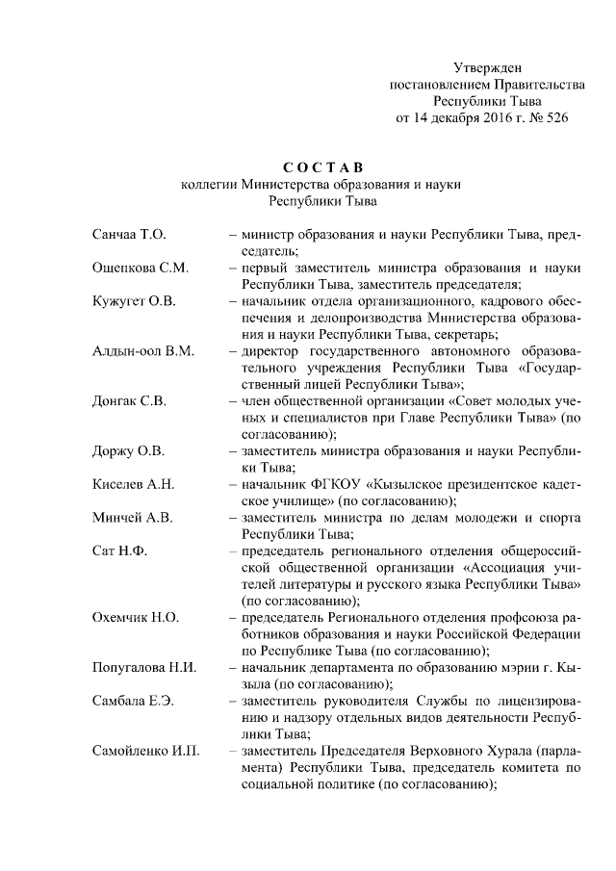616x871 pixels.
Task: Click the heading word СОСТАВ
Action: pos(323,168)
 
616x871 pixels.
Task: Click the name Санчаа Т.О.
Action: pos(130,234)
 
